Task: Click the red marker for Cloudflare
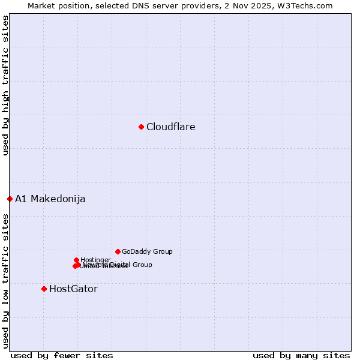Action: (141, 127)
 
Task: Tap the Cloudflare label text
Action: (171, 127)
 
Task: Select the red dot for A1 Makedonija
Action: (10, 199)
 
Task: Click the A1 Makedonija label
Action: (50, 199)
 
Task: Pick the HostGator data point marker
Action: (44, 289)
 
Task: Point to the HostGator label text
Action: (73, 289)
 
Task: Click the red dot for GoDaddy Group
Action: (118, 251)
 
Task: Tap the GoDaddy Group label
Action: (147, 252)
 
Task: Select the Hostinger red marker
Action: (76, 260)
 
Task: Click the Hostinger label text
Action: (96, 260)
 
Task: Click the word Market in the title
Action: (42, 5)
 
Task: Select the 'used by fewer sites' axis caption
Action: (62, 355)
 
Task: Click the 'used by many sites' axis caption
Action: (301, 355)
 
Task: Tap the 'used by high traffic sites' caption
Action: (5, 86)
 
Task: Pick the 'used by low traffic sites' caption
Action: (5, 281)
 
